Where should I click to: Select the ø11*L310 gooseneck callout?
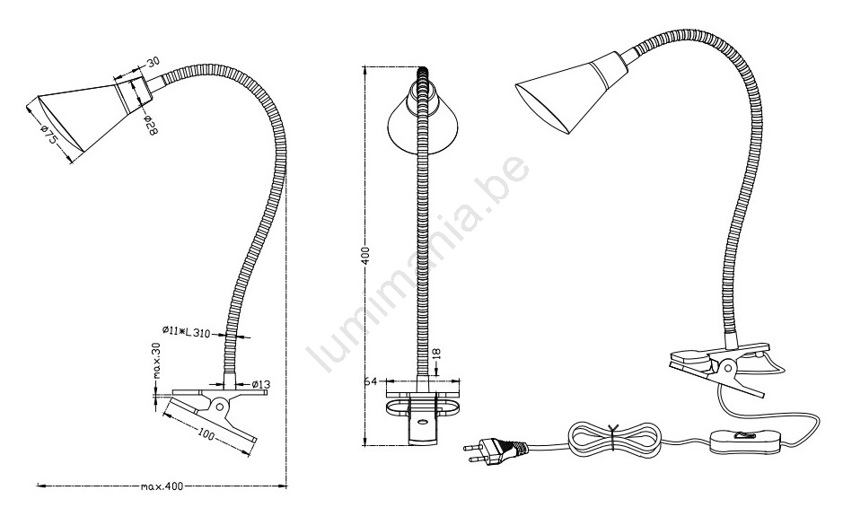click(x=186, y=333)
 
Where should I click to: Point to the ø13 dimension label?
click(x=260, y=384)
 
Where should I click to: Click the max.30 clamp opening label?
click(x=157, y=360)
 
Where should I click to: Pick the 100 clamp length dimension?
click(x=206, y=433)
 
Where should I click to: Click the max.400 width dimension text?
click(x=162, y=486)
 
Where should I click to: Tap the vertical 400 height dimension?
click(x=365, y=257)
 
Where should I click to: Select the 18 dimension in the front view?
click(x=436, y=354)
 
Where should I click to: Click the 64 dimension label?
click(x=370, y=381)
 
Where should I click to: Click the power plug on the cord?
click(x=495, y=449)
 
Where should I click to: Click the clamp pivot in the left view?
click(x=219, y=405)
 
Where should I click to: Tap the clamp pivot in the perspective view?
click(x=728, y=368)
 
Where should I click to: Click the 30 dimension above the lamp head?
click(x=154, y=62)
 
